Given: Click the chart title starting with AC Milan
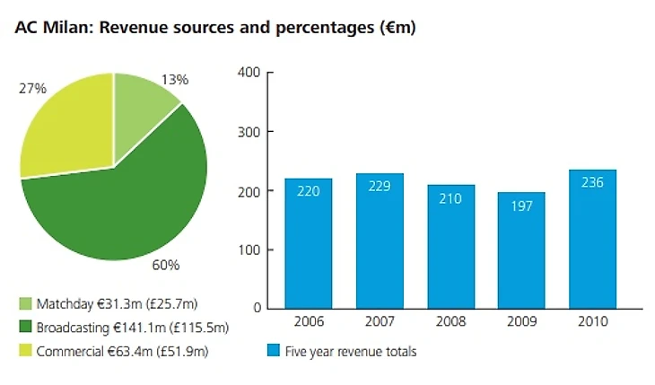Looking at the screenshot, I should (x=214, y=28).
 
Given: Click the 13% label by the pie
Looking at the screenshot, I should (x=176, y=80).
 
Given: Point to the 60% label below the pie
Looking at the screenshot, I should (x=166, y=265).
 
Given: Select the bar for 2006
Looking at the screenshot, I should (x=309, y=242).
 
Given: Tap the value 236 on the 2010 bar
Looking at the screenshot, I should (x=592, y=183).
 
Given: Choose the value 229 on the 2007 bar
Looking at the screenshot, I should (x=380, y=187).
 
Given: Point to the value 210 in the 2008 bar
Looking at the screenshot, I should (x=450, y=198).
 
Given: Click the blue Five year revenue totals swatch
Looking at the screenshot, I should (x=274, y=351).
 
